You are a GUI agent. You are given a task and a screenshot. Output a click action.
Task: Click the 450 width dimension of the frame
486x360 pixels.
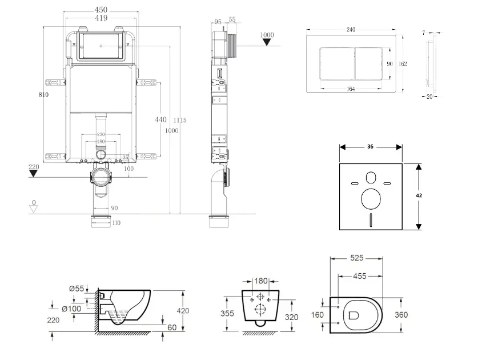click(x=101, y=10)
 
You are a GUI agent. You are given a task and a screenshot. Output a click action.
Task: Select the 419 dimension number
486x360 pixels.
click(x=101, y=18)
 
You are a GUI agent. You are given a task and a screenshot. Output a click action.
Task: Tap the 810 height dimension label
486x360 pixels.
click(x=44, y=94)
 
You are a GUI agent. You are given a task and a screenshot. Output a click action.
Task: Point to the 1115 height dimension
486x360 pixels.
click(x=180, y=120)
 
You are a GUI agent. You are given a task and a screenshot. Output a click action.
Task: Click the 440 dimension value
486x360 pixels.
click(x=160, y=119)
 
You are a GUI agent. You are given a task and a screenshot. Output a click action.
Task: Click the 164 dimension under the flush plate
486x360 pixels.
click(x=351, y=89)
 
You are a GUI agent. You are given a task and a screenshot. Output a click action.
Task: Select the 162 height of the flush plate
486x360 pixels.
click(x=403, y=63)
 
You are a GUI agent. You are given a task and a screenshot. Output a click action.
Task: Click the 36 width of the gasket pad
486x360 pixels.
click(x=370, y=146)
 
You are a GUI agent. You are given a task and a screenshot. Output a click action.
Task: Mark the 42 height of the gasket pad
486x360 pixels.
click(x=419, y=195)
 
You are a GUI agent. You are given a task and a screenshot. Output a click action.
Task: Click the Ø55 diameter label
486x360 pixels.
click(x=77, y=289)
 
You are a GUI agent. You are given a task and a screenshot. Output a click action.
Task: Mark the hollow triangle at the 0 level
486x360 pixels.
click(x=34, y=209)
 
